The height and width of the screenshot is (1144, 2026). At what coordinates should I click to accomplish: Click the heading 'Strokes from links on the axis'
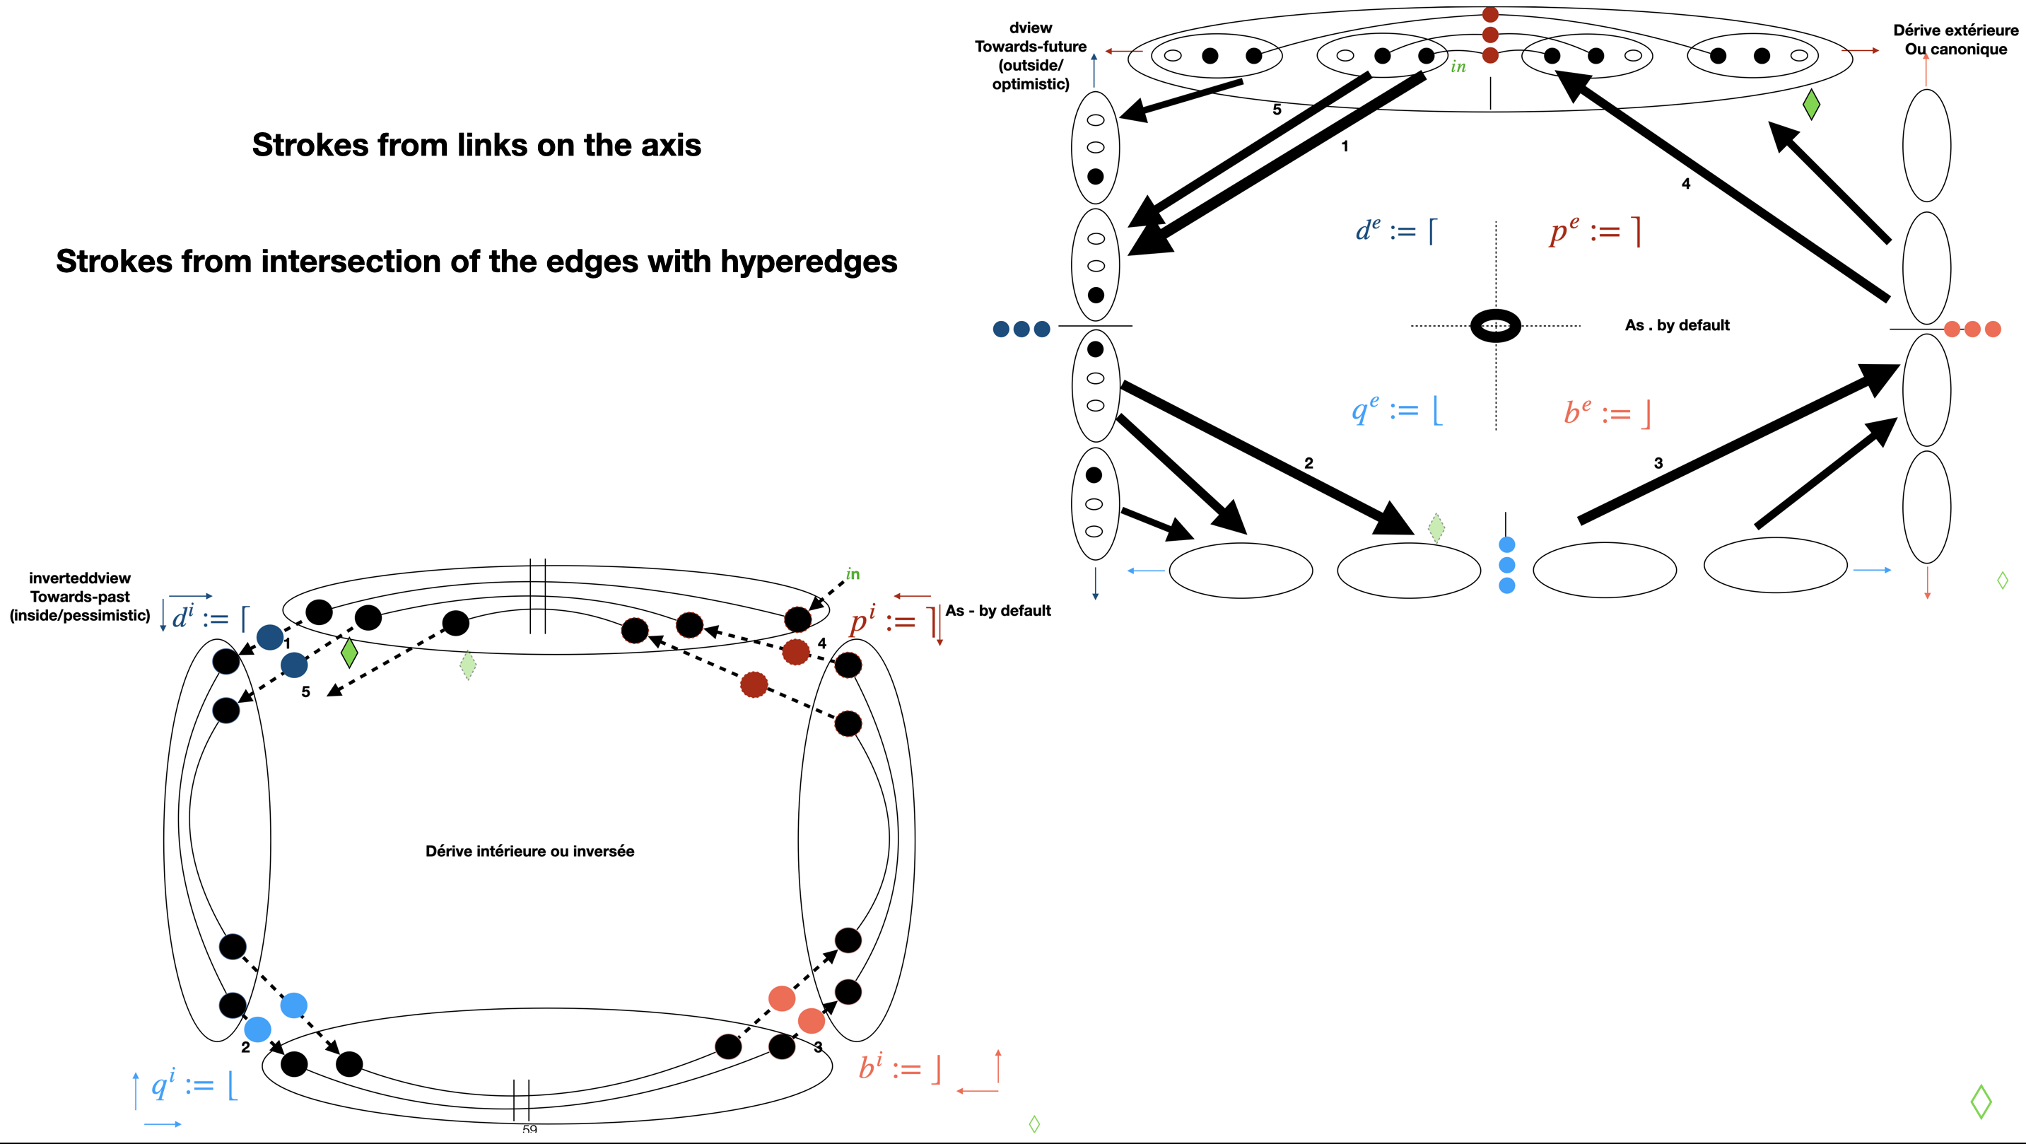coord(476,146)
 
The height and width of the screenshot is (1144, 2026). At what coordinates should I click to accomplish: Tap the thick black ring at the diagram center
coord(1495,326)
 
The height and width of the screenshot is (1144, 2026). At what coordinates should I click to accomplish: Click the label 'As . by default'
coord(1677,326)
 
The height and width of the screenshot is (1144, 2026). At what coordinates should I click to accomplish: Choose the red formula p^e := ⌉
coord(1595,231)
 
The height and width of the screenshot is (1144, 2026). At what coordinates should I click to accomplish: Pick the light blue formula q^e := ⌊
coord(1397,410)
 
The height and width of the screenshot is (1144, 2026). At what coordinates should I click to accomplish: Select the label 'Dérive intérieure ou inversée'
coord(529,851)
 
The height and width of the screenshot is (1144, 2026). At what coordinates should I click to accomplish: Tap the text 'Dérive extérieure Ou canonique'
coord(1955,40)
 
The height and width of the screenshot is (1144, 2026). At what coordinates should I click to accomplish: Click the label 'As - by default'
coord(998,612)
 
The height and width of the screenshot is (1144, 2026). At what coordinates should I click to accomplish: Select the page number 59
coord(529,1130)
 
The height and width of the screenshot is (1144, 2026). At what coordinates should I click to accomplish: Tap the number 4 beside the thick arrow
coord(1685,184)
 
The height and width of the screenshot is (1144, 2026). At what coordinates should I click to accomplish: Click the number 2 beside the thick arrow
coord(1308,463)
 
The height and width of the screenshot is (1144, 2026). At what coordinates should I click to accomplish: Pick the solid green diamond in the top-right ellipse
coord(1810,104)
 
